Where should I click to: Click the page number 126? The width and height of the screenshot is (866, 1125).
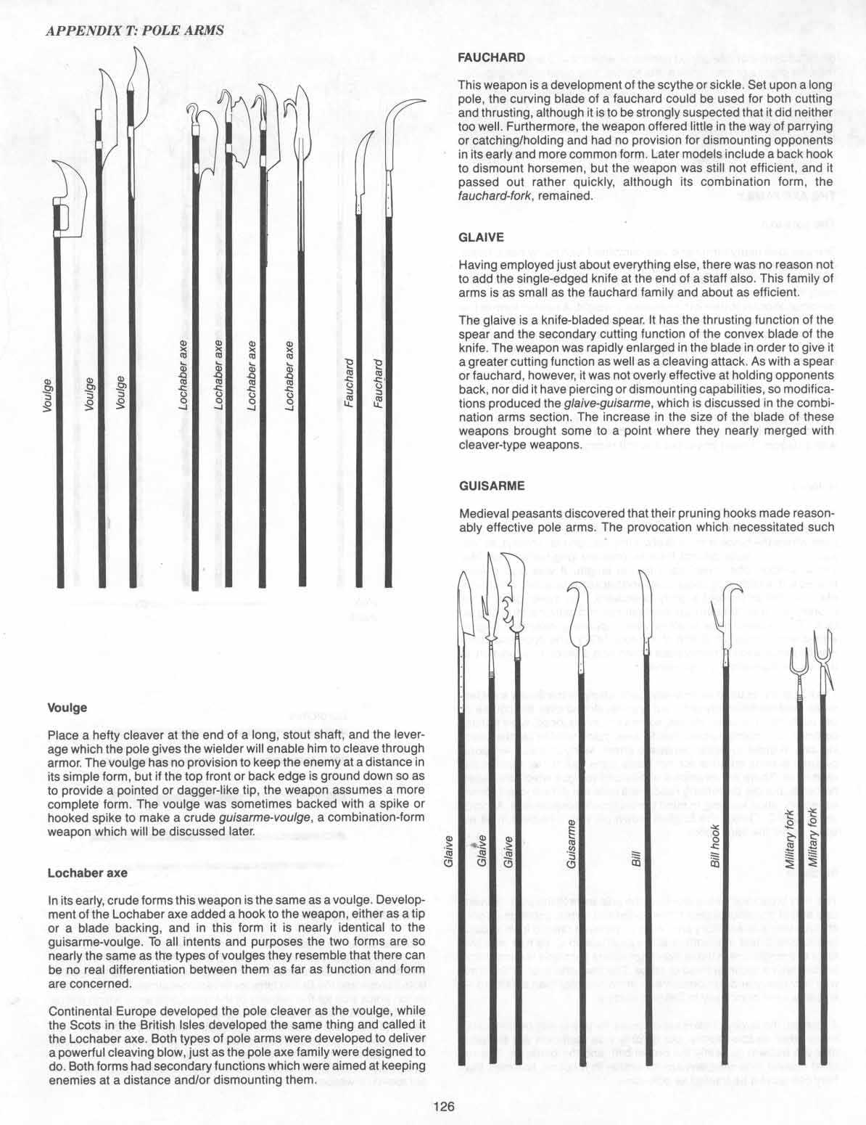[x=443, y=1107]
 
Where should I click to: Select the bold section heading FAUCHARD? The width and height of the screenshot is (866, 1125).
[x=491, y=57]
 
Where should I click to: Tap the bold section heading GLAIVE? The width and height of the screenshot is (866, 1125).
[x=481, y=237]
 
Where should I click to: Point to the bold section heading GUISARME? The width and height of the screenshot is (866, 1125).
[x=492, y=485]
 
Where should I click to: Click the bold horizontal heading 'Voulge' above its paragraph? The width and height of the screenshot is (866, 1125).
[x=67, y=707]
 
